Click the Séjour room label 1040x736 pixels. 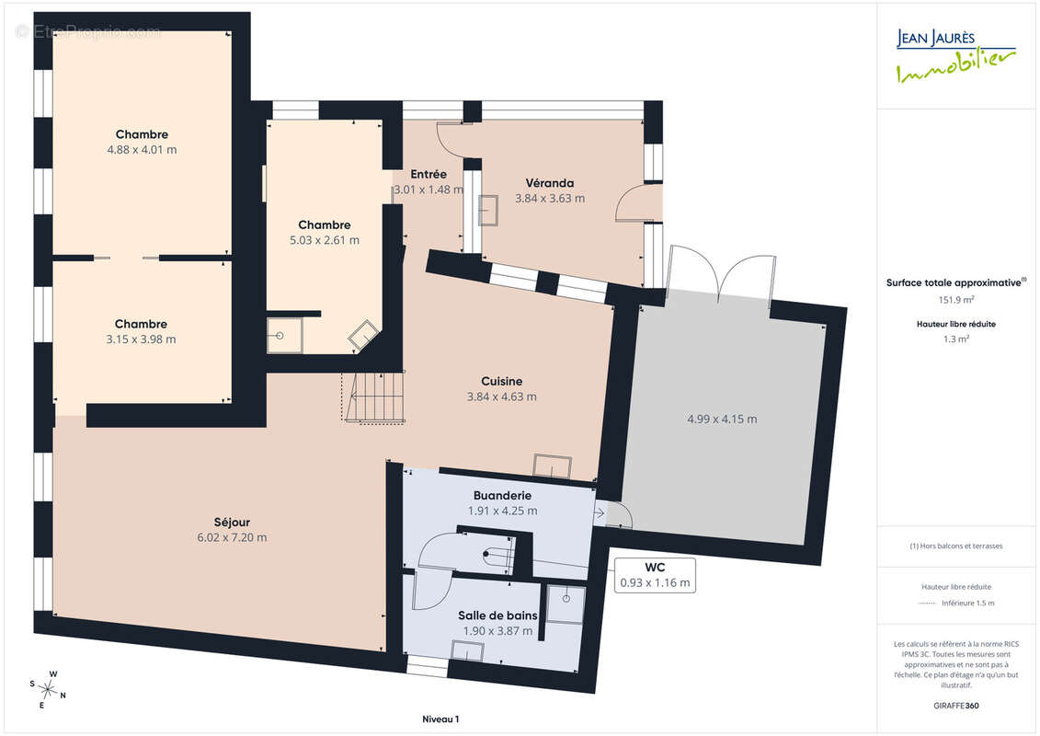coord(232,523)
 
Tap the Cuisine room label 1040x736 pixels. coord(501,381)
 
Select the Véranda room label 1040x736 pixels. coord(550,182)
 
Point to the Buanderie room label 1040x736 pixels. coord(502,495)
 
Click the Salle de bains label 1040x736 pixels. coord(497,615)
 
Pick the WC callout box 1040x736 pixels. coord(655,575)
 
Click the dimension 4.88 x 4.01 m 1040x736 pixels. coord(142,149)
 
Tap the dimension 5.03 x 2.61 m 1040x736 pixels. coord(325,240)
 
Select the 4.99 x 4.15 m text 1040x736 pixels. coord(722,419)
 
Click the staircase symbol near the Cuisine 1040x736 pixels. coord(374,397)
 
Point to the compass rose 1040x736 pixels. coord(47,690)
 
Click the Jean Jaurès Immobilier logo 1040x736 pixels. coord(955,56)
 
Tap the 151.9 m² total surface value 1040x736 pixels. coord(955,299)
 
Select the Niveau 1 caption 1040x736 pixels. coord(440,719)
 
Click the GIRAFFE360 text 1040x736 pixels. coord(955,706)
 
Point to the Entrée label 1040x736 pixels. coord(429,174)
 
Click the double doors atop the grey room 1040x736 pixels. coord(720,273)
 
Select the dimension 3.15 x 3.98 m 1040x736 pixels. coord(142,339)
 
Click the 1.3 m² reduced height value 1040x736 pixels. coord(955,339)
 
